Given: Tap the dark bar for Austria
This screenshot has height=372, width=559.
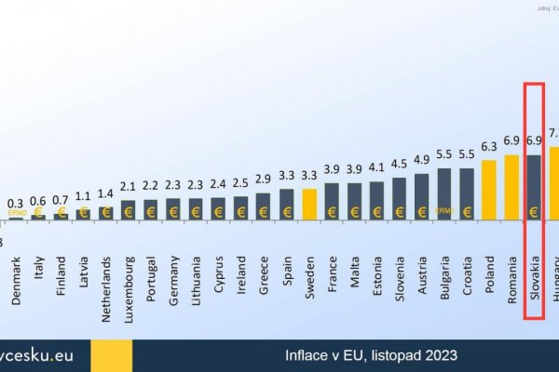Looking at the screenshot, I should click(422, 196).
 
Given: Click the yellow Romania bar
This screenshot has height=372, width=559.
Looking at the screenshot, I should click(511, 187).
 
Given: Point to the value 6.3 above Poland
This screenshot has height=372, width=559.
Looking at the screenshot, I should click(489, 147).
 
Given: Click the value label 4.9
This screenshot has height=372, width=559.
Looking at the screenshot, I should click(422, 159).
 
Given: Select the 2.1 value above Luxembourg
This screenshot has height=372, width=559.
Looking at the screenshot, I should click(128, 187).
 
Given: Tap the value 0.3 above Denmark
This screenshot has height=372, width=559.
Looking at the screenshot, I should click(16, 202).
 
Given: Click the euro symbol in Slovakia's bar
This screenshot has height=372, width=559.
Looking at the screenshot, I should click(534, 211).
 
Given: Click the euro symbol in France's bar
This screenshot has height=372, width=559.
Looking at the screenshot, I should click(332, 211).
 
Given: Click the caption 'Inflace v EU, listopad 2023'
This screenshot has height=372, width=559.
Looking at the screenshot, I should click(371, 355).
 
